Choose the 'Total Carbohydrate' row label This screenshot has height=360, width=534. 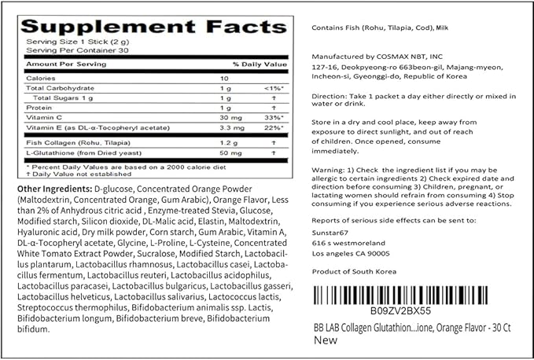click(x=56, y=88)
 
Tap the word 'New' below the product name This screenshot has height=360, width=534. click(x=325, y=340)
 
